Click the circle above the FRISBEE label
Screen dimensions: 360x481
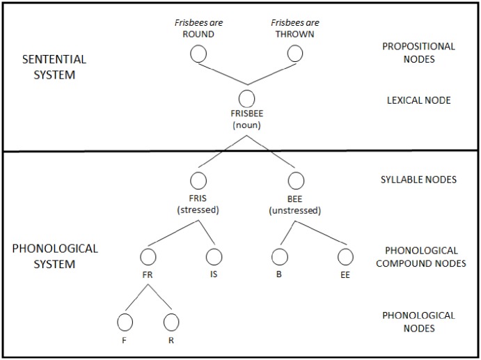[246, 99]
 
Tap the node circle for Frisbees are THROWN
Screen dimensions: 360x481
[295, 54]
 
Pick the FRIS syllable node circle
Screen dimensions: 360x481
[198, 180]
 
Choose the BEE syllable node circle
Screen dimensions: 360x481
[295, 180]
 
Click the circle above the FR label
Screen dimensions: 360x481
[147, 257]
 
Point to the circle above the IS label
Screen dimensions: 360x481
[214, 257]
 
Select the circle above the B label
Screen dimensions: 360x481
[279, 257]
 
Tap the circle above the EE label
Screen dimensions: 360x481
[345, 257]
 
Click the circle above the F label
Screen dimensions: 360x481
[125, 322]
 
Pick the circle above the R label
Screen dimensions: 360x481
[171, 322]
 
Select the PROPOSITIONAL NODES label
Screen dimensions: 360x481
[418, 53]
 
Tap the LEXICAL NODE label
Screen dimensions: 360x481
[418, 100]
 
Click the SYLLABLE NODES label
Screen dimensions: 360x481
[418, 180]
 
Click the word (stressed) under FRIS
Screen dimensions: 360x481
[198, 210]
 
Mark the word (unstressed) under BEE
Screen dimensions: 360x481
[295, 210]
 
